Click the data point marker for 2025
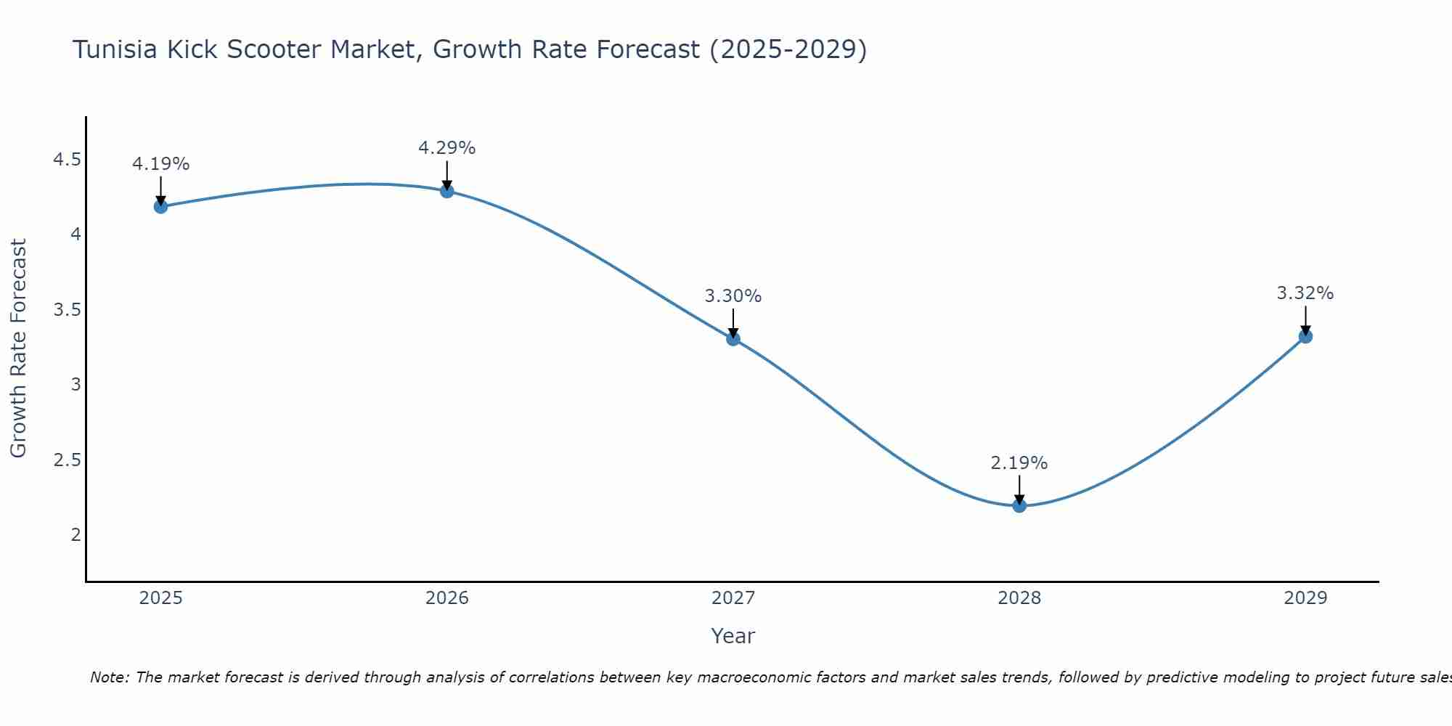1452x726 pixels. coord(160,207)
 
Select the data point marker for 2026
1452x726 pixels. coord(447,191)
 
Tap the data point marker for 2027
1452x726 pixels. coord(733,338)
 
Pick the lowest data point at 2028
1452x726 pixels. coord(1019,505)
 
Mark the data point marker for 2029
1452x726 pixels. coord(1305,336)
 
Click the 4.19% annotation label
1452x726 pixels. coord(160,164)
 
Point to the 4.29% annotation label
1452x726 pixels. coord(447,148)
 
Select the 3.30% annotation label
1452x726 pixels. coord(733,296)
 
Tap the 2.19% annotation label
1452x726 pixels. coord(1019,463)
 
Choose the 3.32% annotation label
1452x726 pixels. coord(1305,293)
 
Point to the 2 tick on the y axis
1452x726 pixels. coord(76,535)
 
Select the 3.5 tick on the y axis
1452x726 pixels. coord(68,310)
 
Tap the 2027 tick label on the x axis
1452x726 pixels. coord(733,598)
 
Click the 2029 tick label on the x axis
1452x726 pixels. coord(1305,598)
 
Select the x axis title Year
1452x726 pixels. coord(733,636)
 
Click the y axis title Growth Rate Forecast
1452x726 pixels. coord(18,348)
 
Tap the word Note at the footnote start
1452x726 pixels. coord(109,677)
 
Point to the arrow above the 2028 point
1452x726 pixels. coord(1019,489)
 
